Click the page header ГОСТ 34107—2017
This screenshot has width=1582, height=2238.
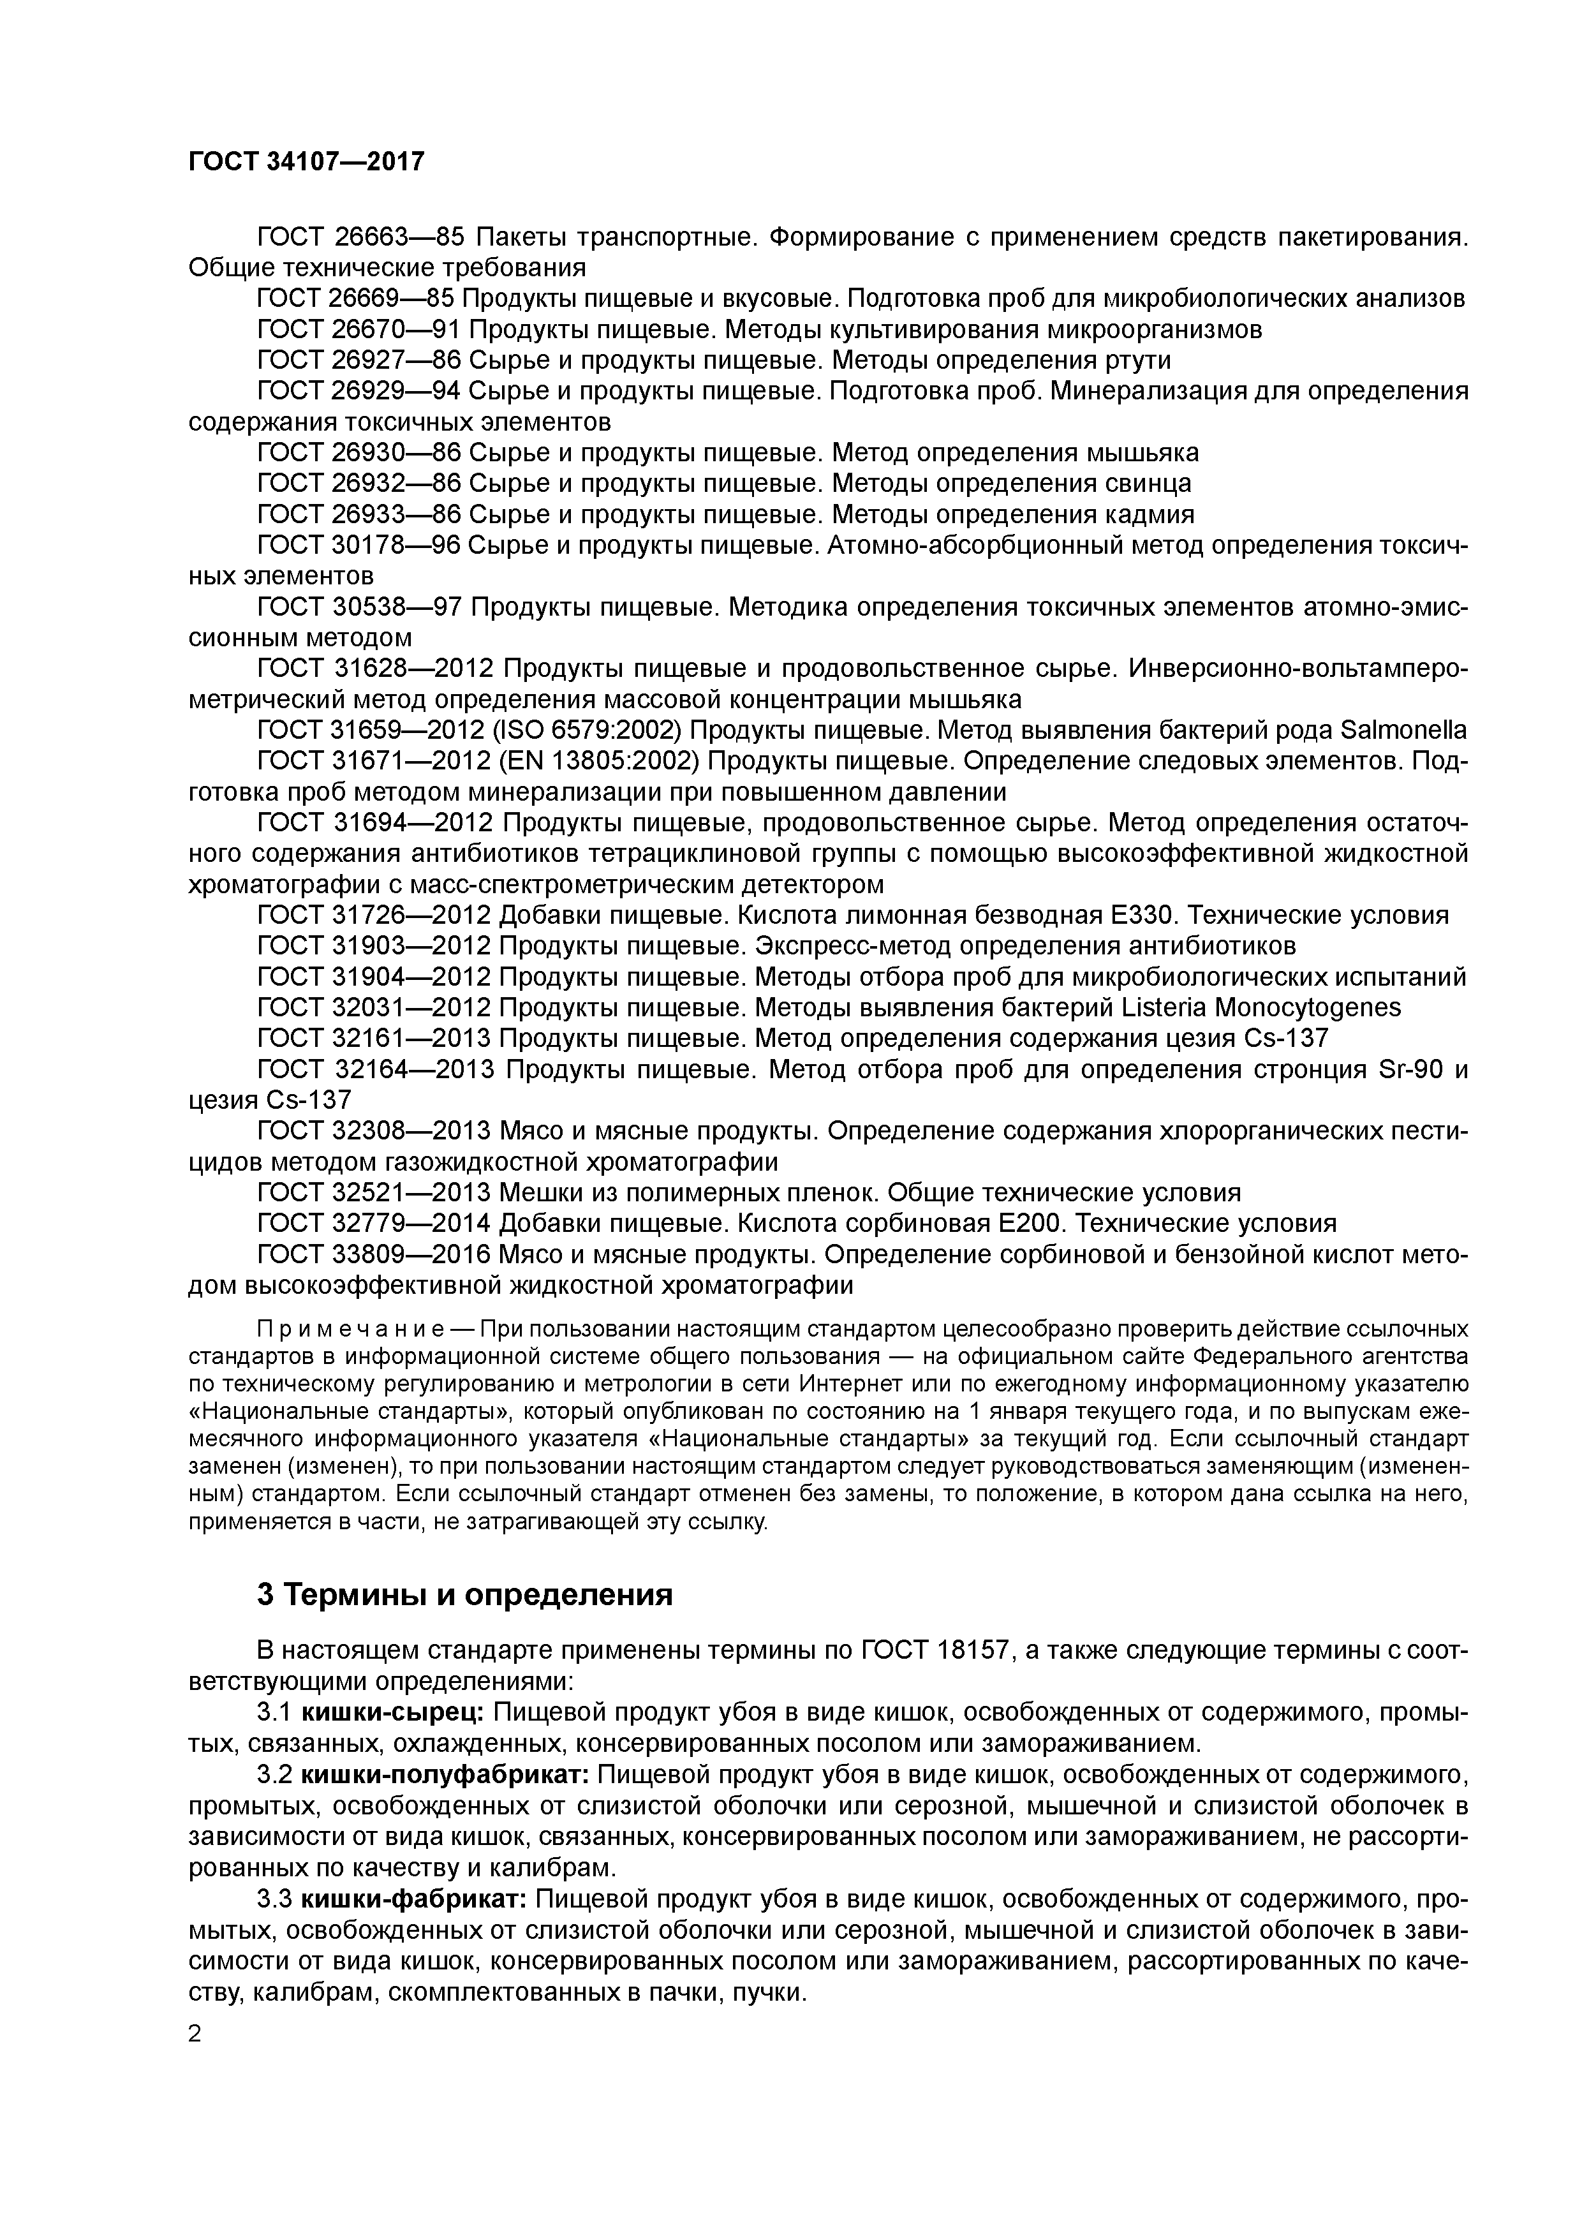pos(306,162)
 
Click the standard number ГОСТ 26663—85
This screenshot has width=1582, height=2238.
pos(360,237)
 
